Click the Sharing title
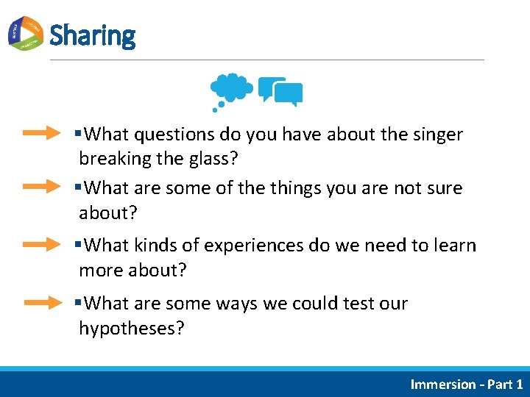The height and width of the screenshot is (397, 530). click(x=92, y=35)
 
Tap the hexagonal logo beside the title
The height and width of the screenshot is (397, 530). click(x=26, y=33)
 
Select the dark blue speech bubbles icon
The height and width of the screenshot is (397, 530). click(x=282, y=92)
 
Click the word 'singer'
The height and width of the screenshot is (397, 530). click(x=437, y=135)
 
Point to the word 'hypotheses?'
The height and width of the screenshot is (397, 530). click(x=132, y=328)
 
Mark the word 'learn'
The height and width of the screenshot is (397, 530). click(x=453, y=246)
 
